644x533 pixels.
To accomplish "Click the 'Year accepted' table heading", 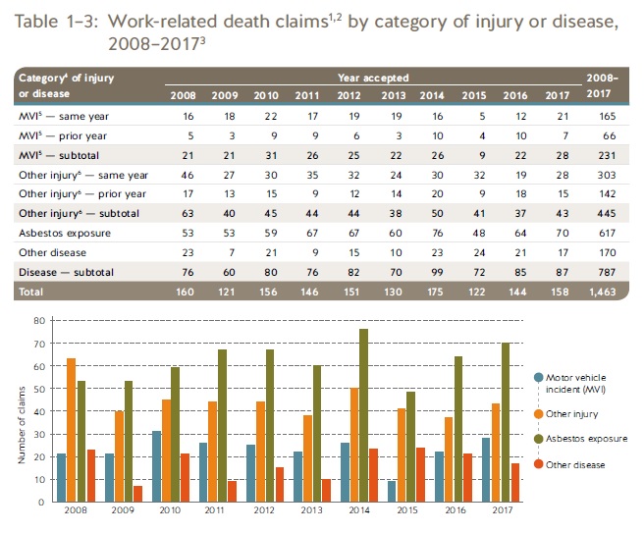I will (381, 78).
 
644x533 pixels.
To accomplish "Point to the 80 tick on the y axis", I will (39, 321).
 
